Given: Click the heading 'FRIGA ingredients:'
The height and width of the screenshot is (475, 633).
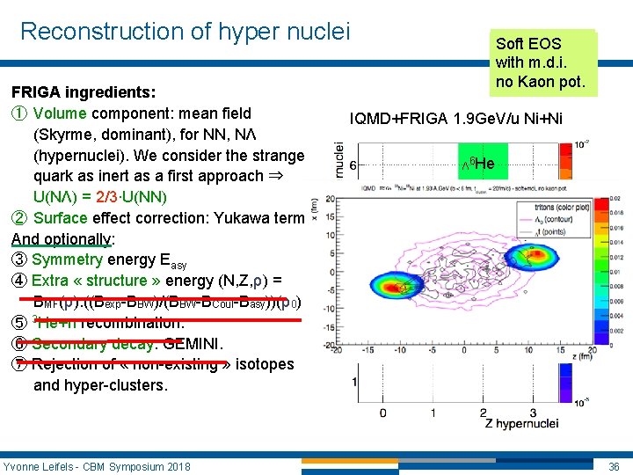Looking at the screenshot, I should click(x=84, y=91).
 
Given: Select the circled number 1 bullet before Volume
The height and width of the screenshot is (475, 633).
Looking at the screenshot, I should click(x=18, y=113).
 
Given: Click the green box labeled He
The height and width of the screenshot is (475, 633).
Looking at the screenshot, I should click(x=477, y=164).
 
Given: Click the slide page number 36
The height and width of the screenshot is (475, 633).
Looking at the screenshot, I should click(x=615, y=465).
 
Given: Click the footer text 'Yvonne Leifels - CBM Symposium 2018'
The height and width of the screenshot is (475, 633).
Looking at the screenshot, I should click(x=97, y=465).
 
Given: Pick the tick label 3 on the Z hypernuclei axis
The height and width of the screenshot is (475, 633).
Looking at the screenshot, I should click(x=533, y=412).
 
